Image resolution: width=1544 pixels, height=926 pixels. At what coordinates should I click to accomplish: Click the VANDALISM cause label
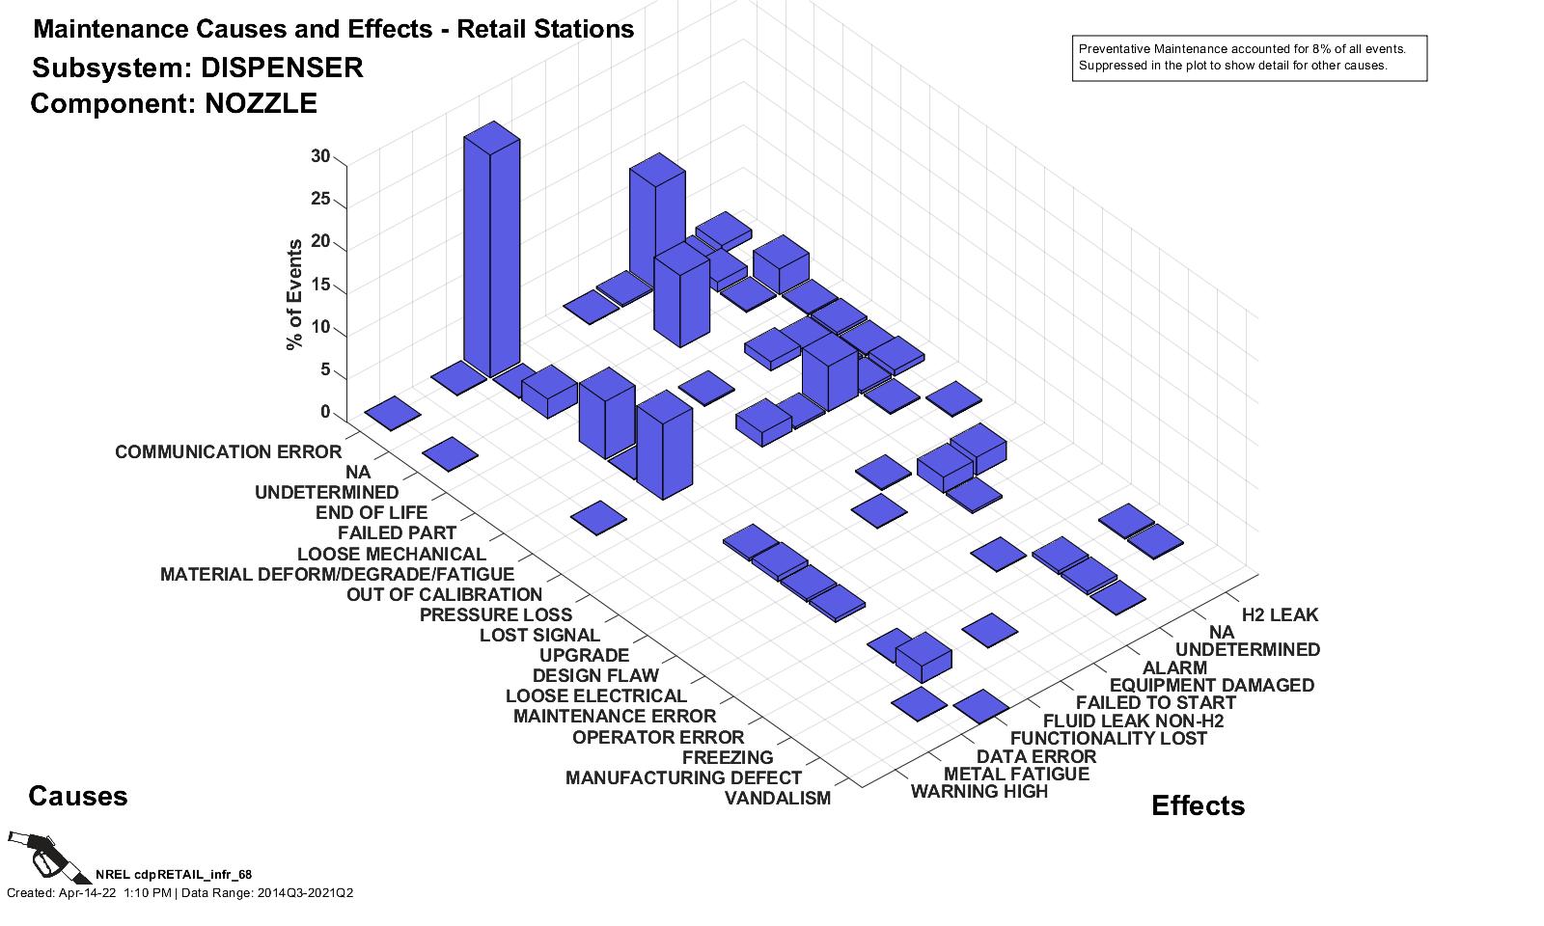(x=777, y=799)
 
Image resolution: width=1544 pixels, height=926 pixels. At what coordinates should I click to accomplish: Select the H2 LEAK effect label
(x=1279, y=615)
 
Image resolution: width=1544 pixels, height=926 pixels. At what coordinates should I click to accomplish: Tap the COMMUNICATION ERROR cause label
(x=228, y=452)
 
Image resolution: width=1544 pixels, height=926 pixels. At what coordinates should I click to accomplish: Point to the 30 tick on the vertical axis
(x=320, y=157)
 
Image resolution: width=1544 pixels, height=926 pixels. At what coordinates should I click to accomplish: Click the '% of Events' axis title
(x=294, y=294)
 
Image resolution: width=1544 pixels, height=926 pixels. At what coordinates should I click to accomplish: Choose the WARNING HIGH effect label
(x=979, y=792)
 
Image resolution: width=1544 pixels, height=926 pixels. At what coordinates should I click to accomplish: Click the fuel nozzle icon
(x=43, y=854)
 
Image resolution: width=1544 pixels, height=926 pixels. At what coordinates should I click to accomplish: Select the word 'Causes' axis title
(x=77, y=797)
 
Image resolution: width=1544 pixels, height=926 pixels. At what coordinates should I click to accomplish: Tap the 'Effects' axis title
(x=1198, y=806)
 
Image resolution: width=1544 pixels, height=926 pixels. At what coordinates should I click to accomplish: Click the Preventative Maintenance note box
(x=1249, y=58)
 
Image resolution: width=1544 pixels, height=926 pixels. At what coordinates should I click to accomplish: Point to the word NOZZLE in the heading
(x=261, y=104)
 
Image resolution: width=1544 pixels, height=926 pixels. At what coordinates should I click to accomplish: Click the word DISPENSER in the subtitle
(x=282, y=68)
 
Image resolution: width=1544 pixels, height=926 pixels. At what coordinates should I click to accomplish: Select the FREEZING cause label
(x=728, y=758)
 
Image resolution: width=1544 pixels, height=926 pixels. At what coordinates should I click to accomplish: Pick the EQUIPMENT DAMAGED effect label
(x=1211, y=686)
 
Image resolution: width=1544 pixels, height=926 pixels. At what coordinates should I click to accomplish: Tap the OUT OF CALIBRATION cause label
(x=444, y=595)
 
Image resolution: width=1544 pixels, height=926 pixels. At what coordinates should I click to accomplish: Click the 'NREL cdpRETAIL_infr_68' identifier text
(x=174, y=875)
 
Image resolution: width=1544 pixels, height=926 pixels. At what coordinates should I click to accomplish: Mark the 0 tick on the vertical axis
(x=325, y=413)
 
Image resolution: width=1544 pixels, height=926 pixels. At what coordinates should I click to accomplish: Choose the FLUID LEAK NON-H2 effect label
(x=1133, y=722)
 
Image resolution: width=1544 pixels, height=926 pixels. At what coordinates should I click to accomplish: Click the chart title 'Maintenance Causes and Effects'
(x=232, y=30)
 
